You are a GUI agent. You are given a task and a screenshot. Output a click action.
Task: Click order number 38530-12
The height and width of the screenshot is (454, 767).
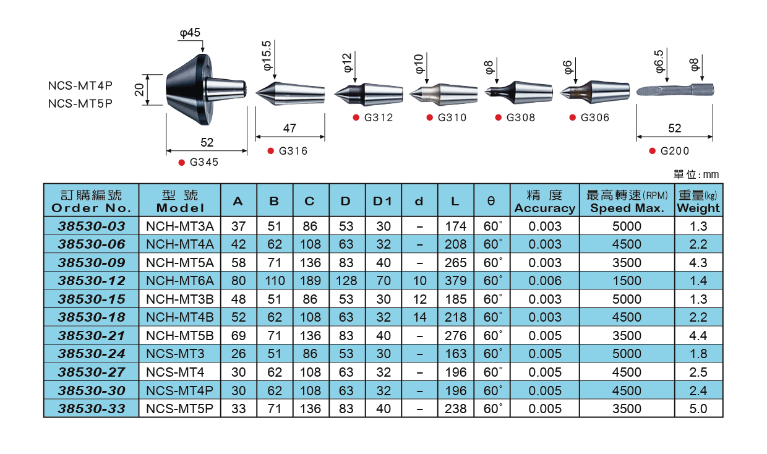point(92,281)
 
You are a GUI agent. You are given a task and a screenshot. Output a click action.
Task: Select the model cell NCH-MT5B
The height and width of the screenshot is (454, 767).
point(180,335)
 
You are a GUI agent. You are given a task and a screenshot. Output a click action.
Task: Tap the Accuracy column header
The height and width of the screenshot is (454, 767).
point(545,208)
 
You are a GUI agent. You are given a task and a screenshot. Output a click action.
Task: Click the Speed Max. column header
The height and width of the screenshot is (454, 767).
point(627,208)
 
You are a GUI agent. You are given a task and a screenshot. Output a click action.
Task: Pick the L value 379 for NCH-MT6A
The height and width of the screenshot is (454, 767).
point(456,281)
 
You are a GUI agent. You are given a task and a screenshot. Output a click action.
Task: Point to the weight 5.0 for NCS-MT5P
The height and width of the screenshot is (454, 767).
point(698,408)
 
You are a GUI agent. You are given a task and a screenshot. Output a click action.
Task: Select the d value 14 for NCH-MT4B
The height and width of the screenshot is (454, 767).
point(419,317)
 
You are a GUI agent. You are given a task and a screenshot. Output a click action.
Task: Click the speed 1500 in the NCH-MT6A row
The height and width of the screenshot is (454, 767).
point(627,281)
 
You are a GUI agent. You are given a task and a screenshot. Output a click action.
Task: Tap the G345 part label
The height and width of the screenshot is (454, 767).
point(204,162)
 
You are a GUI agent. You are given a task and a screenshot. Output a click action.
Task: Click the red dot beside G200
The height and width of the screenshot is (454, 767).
point(653,151)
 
